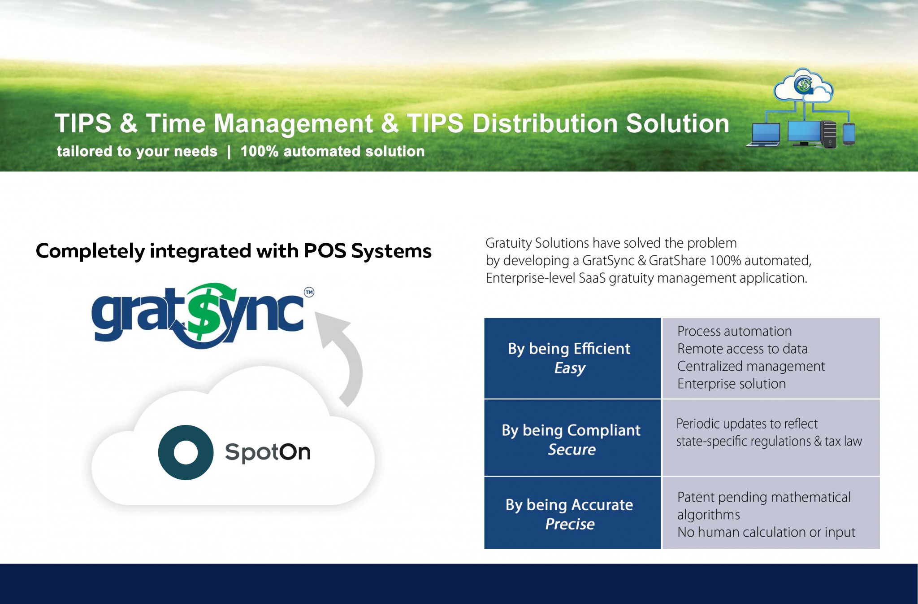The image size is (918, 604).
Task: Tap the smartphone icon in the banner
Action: click(849, 134)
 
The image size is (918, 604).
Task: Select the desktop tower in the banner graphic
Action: click(829, 134)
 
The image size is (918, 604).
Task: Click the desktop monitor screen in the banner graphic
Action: click(804, 131)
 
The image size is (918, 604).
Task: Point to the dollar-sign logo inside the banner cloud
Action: click(803, 84)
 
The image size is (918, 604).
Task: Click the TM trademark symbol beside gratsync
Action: click(309, 292)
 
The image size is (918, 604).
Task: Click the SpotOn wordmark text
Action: click(268, 452)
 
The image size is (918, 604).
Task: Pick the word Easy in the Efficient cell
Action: click(570, 368)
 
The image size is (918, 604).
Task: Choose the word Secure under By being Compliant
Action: click(572, 449)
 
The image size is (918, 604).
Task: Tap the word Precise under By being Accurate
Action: click(570, 524)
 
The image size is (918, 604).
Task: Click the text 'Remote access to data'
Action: click(742, 349)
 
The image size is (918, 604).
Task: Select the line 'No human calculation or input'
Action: click(766, 532)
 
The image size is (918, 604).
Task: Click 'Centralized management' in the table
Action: click(751, 367)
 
